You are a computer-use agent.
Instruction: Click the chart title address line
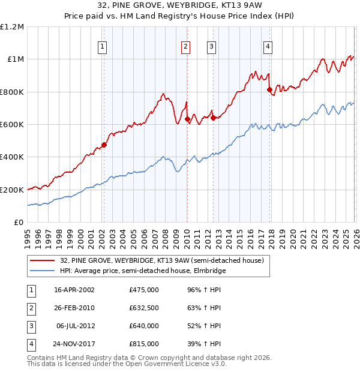179,7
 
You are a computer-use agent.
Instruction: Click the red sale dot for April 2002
104,145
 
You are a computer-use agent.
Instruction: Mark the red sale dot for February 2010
187,119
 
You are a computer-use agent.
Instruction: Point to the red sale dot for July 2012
213,118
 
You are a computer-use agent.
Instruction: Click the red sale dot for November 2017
269,89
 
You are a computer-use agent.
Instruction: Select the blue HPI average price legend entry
143,271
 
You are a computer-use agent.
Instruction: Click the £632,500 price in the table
144,308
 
